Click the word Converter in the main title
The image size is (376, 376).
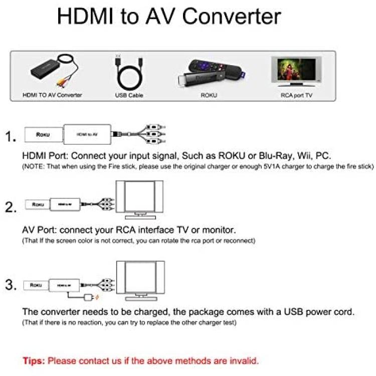tap(232, 17)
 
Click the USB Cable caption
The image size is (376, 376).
tap(129, 95)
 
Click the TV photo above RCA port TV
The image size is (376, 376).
tap(296, 72)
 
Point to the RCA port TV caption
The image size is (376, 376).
tap(296, 95)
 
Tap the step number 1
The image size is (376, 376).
tap(11, 136)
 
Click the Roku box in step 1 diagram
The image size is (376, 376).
tap(44, 134)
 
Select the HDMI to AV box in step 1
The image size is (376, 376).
tap(87, 134)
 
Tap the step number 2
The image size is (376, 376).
tap(11, 207)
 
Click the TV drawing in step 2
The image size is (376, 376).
tap(139, 200)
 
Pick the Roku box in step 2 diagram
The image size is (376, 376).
tap(38, 205)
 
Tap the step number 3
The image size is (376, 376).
tap(11, 285)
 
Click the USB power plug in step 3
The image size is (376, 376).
tap(88, 298)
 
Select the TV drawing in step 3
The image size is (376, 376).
tap(140, 281)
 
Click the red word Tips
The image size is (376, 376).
tap(34, 361)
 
